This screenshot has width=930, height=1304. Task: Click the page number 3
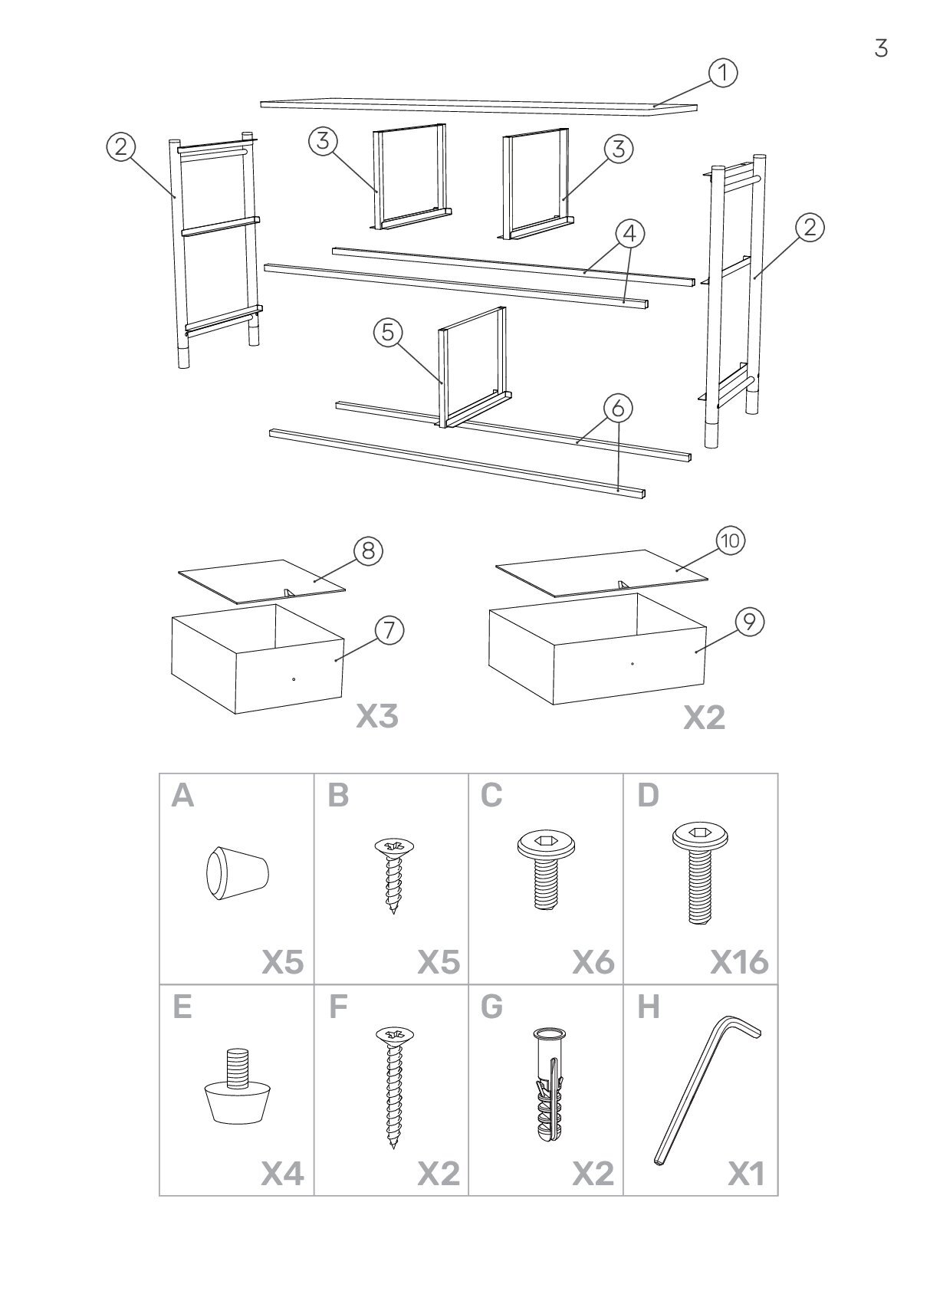tap(881, 48)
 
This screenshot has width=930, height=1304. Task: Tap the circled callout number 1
tap(722, 74)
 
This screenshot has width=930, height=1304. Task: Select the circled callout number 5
tap(388, 332)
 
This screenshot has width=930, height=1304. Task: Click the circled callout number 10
tap(730, 541)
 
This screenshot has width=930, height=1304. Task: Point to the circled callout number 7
tap(389, 630)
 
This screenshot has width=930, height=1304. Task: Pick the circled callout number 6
tap(618, 408)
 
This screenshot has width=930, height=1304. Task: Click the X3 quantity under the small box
tap(377, 717)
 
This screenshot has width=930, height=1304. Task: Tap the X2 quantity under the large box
tap(704, 718)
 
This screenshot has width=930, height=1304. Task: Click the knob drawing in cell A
tap(236, 873)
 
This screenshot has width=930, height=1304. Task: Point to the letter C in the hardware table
tap(491, 797)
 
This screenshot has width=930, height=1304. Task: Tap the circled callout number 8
tap(368, 551)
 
